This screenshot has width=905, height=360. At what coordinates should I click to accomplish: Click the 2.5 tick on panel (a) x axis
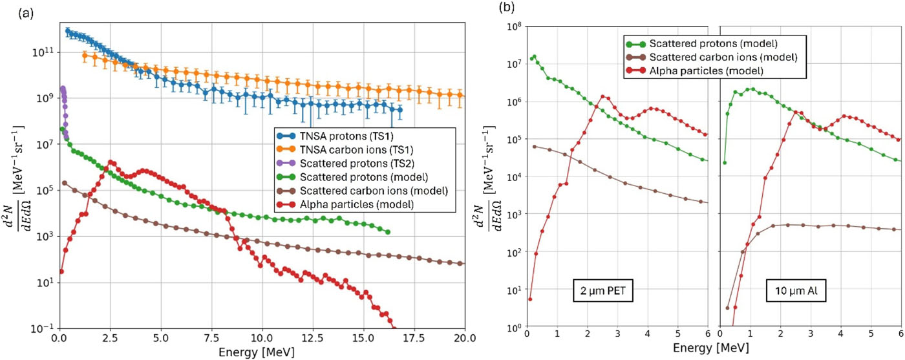click(110, 337)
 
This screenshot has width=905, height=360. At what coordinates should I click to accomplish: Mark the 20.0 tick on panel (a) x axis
click(465, 337)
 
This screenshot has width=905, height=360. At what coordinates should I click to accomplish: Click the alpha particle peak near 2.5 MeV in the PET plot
click(602, 96)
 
